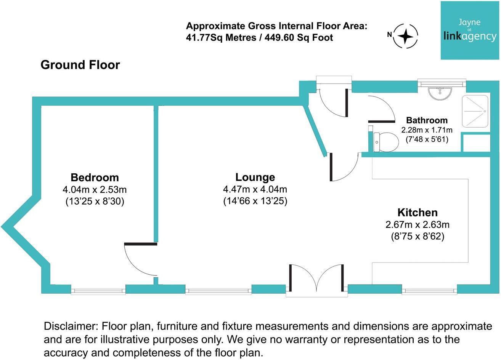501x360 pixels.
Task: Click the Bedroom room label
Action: [95, 178]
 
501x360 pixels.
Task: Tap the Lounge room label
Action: [255, 177]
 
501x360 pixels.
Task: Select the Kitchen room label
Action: [417, 212]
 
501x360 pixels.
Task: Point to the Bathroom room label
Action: [427, 120]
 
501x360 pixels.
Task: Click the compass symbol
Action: [406, 36]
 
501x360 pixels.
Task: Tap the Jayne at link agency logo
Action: [470, 30]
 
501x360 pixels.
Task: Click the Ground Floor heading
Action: [80, 65]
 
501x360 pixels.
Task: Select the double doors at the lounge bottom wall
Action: [316, 280]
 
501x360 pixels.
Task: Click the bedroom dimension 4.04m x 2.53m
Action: [95, 189]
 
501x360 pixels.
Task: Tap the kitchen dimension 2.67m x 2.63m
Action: [417, 224]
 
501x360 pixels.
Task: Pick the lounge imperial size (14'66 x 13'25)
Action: [255, 201]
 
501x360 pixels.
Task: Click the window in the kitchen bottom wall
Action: [430, 291]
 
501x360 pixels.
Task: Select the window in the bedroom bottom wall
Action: [98, 291]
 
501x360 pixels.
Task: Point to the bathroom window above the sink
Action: [441, 83]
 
